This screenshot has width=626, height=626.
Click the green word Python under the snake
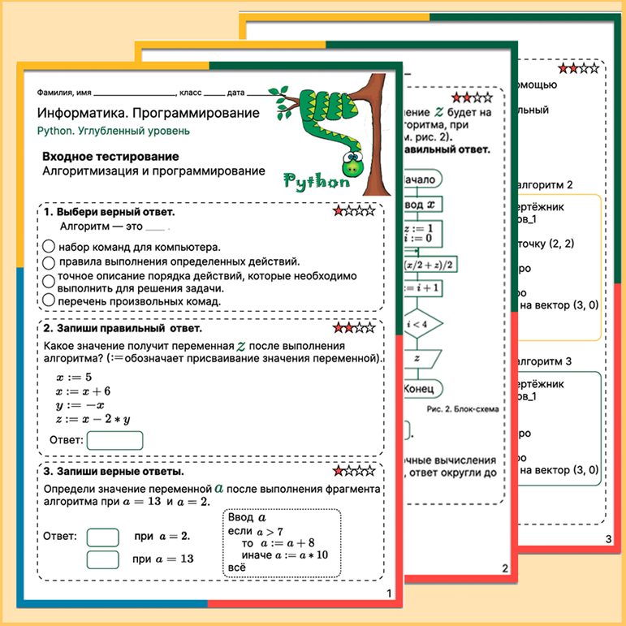[317, 180]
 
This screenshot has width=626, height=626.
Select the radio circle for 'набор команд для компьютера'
[49, 247]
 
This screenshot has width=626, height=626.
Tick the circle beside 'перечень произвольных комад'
[49, 300]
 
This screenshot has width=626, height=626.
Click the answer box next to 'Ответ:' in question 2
[114, 440]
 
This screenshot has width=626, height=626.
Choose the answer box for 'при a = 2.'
[102, 537]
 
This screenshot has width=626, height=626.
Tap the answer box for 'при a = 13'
[102, 559]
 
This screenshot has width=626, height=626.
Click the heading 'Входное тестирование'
[110, 156]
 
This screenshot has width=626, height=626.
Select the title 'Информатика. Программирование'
[149, 113]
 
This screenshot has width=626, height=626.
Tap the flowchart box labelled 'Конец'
[419, 390]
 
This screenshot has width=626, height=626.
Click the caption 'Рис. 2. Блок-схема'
[462, 409]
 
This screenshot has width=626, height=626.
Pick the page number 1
[390, 594]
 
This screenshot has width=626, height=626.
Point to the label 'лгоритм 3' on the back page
[546, 360]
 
